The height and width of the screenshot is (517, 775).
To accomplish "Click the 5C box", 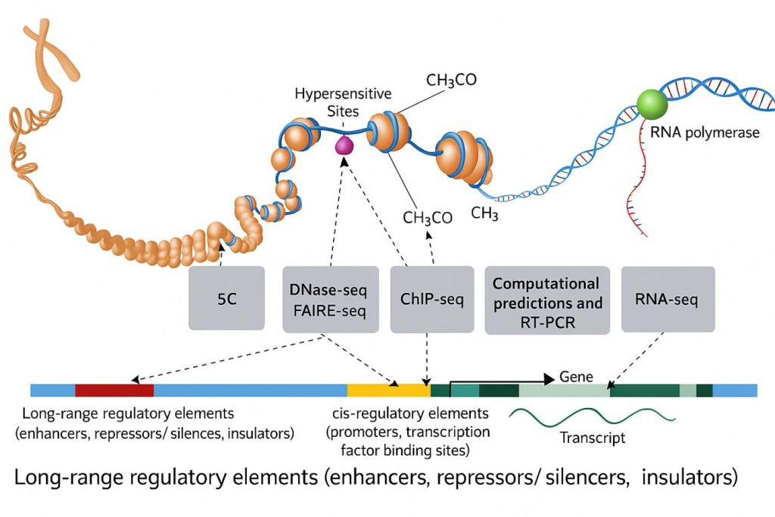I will [226, 298].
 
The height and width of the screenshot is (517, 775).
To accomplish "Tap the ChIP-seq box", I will [431, 299].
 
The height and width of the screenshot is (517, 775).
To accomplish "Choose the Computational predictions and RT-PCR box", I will [546, 300].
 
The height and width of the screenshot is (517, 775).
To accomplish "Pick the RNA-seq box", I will [668, 298].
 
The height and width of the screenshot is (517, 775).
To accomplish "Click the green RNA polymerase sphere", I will [652, 104].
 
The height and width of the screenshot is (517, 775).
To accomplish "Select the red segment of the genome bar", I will [114, 391].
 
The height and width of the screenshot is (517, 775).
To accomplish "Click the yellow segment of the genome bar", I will [388, 391].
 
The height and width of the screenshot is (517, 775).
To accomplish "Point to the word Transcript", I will [593, 438].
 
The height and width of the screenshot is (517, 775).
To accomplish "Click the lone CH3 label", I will [484, 214].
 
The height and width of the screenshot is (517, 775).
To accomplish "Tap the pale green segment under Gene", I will [564, 391].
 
